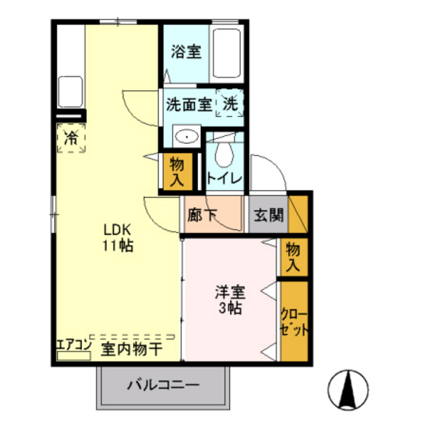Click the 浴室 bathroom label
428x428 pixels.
pyautogui.click(x=186, y=53)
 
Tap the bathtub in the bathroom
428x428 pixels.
pyautogui.click(x=227, y=55)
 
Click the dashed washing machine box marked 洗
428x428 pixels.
pyautogui.click(x=230, y=103)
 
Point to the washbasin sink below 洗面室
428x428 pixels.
pyautogui.click(x=185, y=137)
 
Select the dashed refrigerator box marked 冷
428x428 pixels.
pyautogui.click(x=71, y=138)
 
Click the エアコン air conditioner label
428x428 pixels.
pyautogui.click(x=73, y=345)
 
